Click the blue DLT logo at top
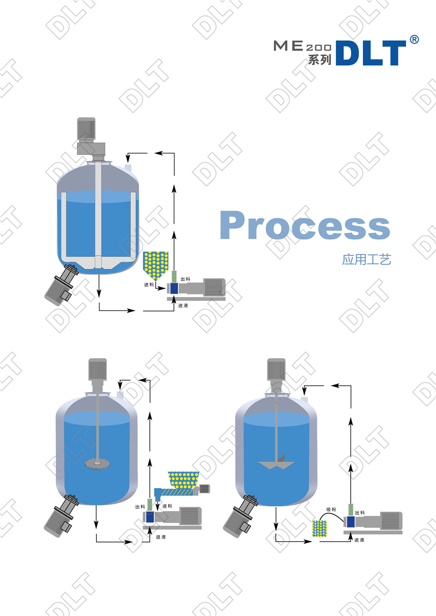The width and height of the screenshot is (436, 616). click(x=371, y=53)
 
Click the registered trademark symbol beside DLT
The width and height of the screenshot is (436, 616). click(x=414, y=39)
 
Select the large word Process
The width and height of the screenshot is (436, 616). click(x=305, y=225)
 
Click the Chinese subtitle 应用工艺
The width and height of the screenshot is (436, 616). click(x=367, y=260)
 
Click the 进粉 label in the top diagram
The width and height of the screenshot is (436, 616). click(x=149, y=285)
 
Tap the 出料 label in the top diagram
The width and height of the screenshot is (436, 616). click(x=185, y=279)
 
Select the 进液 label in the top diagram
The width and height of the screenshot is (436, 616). click(x=183, y=306)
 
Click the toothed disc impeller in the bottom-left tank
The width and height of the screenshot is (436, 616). click(x=97, y=463)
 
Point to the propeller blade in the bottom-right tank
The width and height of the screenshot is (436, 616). click(x=276, y=463)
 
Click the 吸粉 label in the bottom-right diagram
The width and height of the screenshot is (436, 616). click(x=331, y=510)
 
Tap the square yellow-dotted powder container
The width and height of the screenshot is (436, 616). click(x=320, y=528)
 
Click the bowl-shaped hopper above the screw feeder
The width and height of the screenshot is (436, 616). click(x=183, y=479)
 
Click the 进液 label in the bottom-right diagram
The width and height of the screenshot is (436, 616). click(x=359, y=540)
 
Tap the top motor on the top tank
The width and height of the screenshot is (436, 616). click(x=86, y=128)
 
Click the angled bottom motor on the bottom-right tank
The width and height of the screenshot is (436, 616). click(x=239, y=516)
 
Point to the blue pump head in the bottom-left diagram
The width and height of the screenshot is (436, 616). click(x=149, y=517)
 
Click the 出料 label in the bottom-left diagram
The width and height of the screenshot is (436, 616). click(x=140, y=507)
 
